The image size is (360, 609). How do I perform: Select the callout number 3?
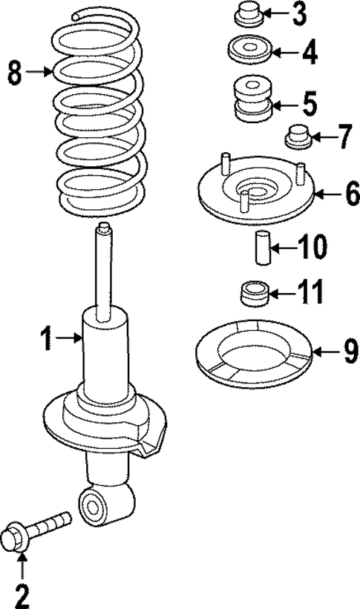(298, 13)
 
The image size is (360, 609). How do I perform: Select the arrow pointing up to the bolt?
(22, 568)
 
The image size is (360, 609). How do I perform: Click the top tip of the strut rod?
(105, 226)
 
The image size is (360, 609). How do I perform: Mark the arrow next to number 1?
(71, 339)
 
